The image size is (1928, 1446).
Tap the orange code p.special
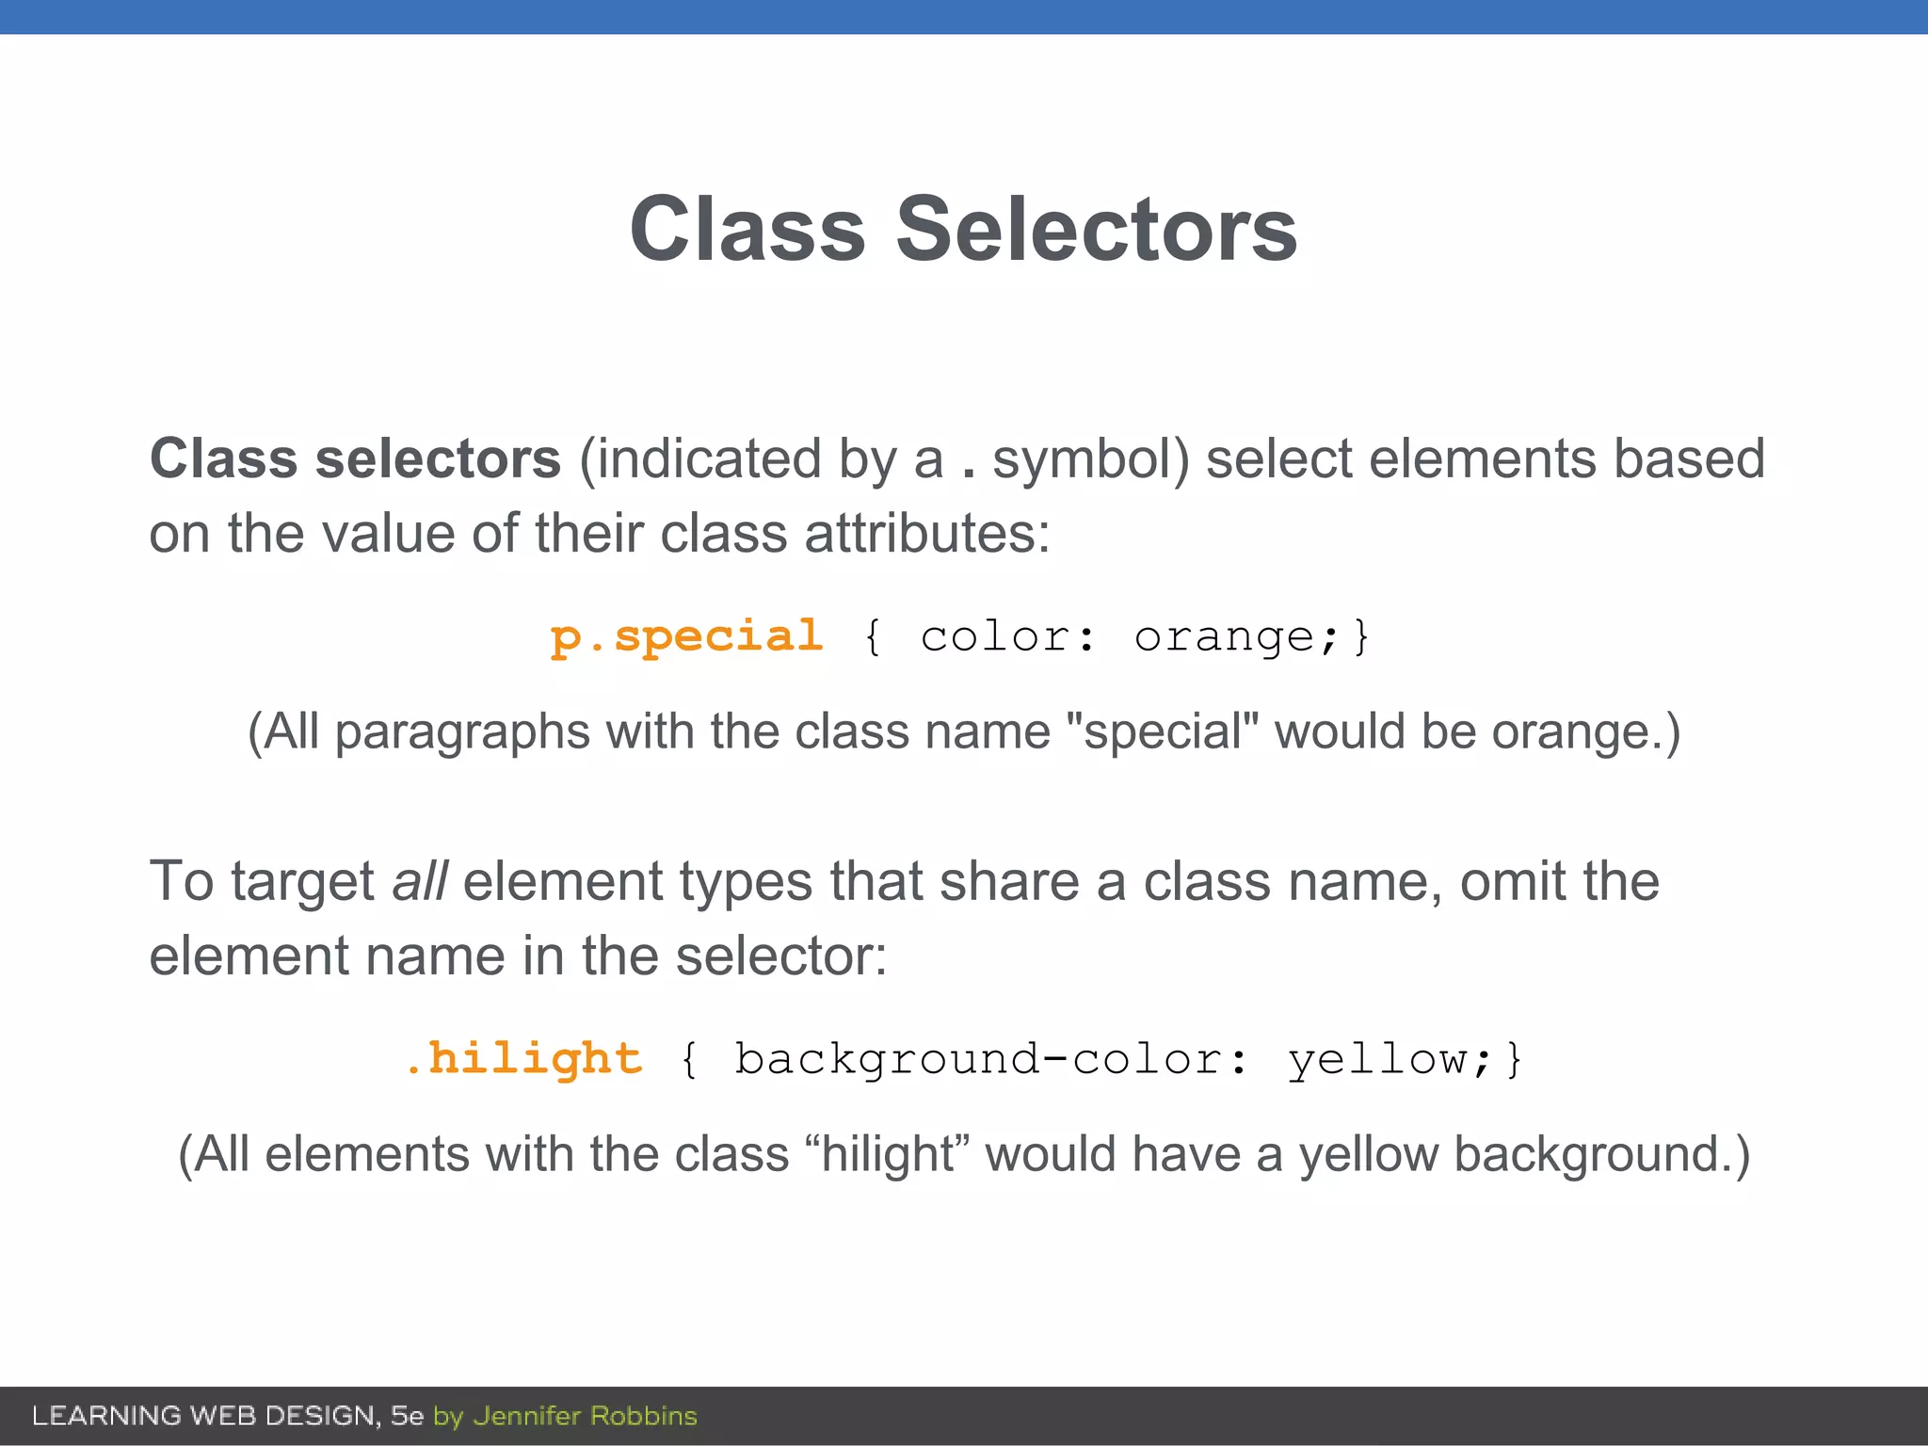[x=686, y=637]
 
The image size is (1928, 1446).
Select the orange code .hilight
[x=523, y=1059]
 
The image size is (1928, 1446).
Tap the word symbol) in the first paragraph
[x=1091, y=459]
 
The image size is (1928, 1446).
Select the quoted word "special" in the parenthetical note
[x=1162, y=731]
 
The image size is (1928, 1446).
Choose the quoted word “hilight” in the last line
[x=889, y=1154]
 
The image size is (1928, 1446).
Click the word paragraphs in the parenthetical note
[x=462, y=733]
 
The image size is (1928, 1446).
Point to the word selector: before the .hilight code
[x=781, y=956]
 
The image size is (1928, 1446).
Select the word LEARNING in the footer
[x=106, y=1416]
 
